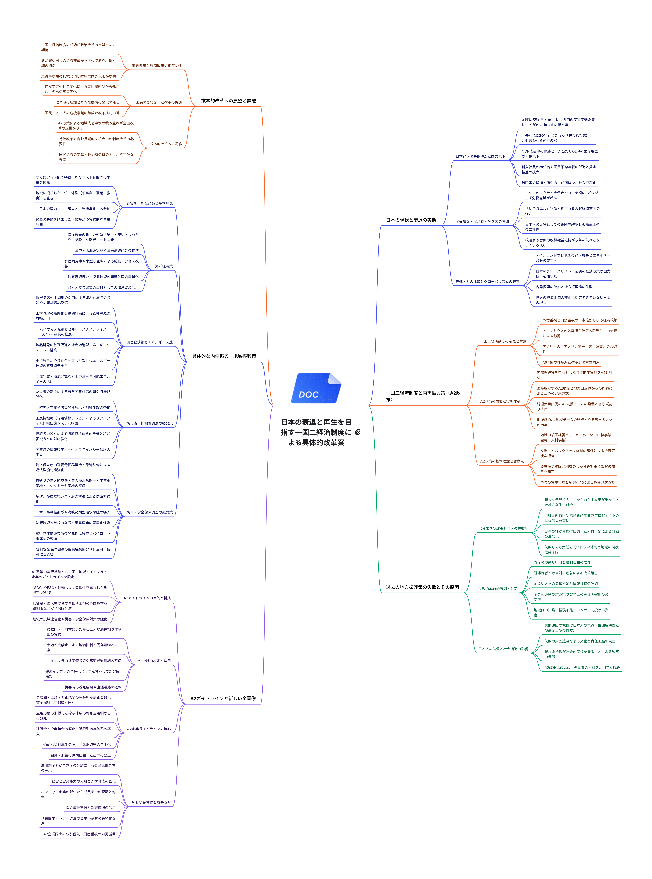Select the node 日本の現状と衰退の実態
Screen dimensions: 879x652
click(x=411, y=220)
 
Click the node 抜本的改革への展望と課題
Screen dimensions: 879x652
click(x=229, y=101)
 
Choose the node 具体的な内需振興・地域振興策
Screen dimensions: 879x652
click(x=224, y=356)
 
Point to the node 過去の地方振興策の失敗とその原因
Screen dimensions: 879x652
click(x=422, y=587)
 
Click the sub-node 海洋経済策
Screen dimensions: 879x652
click(x=163, y=266)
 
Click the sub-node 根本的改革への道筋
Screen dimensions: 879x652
click(x=166, y=144)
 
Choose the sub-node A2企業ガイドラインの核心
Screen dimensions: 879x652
click(x=149, y=729)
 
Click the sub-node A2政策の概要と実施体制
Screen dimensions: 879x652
click(x=500, y=401)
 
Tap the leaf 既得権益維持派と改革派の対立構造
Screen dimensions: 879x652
click(x=571, y=363)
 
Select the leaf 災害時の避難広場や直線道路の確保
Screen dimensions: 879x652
click(x=93, y=687)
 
